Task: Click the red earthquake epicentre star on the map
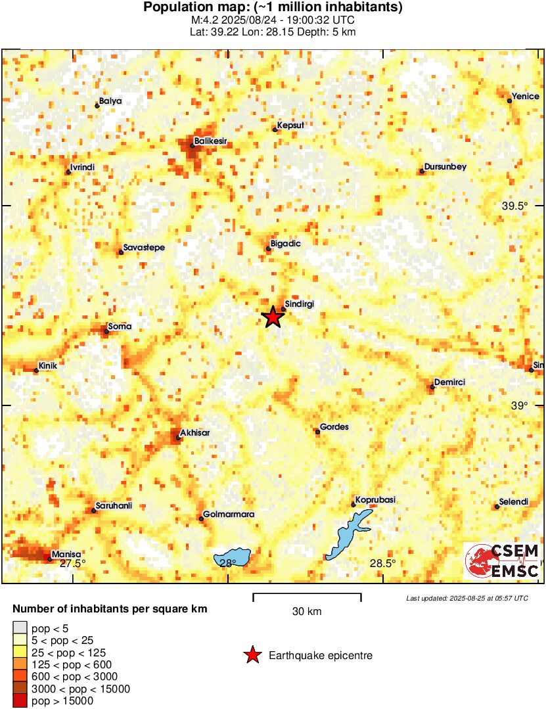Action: pos(273,317)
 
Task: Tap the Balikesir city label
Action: pos(212,141)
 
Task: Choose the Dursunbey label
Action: pos(445,167)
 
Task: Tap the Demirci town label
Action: pos(450,382)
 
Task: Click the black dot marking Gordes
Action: pos(317,432)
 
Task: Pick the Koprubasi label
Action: pos(375,500)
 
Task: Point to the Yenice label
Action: pos(526,97)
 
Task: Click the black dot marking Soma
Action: pos(106,331)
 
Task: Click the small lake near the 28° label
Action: pos(233,557)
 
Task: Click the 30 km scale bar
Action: pos(307,597)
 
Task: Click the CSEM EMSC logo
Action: pos(503,561)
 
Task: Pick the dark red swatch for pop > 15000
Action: pos(20,701)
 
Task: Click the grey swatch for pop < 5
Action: pos(20,629)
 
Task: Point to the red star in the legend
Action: pos(252,655)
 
